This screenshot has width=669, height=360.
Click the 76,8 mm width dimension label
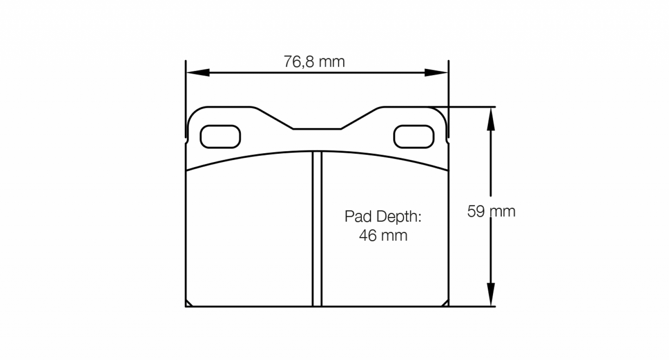click(x=314, y=62)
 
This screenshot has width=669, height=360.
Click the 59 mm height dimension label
click(x=491, y=211)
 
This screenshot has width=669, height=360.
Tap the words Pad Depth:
click(x=383, y=216)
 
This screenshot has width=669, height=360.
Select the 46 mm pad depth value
click(x=383, y=236)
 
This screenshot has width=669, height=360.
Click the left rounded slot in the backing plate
click(x=220, y=137)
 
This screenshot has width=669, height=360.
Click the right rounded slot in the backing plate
click(x=413, y=137)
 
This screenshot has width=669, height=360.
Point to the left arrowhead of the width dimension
click(x=197, y=73)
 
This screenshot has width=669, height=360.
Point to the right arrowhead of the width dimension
click(x=436, y=73)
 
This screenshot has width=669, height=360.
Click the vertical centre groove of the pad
click(x=317, y=229)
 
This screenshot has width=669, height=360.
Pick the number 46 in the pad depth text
click(x=368, y=236)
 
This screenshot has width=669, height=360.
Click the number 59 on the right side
click(x=476, y=211)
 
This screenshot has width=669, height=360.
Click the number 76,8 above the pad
click(x=300, y=62)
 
